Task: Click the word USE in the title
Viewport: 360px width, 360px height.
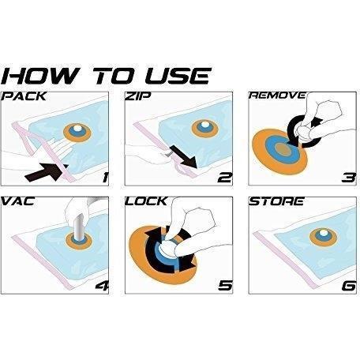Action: pos(178,76)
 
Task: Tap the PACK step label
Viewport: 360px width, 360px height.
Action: pos(24,96)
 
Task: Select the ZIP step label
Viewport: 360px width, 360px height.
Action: pos(138,96)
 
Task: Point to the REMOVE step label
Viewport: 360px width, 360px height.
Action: pos(277,96)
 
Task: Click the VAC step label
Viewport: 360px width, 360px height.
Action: pos(18,201)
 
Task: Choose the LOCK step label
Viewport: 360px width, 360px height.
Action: pos(146,201)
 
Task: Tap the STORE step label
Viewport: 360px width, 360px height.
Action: pos(276,201)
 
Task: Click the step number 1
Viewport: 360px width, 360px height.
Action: pos(105,177)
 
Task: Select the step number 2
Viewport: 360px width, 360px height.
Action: pos(225,178)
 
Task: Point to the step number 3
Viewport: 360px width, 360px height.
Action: pos(349,178)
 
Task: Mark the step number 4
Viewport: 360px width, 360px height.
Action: pos(102,286)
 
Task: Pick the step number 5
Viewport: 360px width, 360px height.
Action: pos(225,286)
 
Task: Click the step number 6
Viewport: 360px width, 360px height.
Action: pos(349,286)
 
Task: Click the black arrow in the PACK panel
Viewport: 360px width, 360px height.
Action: pos(47,172)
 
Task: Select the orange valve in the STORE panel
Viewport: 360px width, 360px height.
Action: pos(323,237)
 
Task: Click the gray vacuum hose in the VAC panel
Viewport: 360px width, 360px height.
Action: pos(79,227)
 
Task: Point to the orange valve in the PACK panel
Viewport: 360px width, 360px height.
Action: pos(77,133)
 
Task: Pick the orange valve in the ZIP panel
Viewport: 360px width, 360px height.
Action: pos(205,129)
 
